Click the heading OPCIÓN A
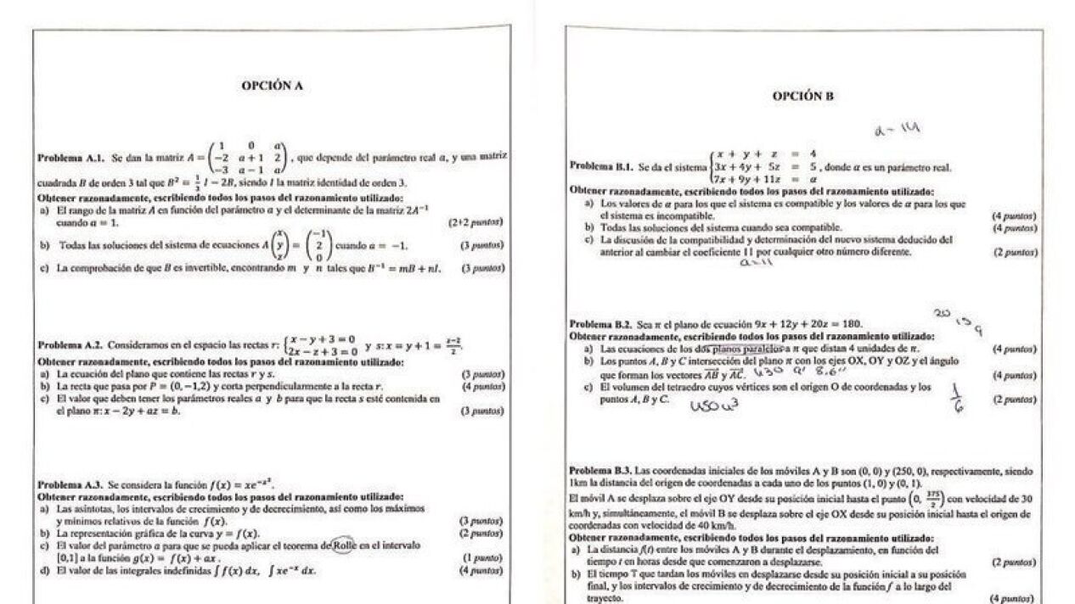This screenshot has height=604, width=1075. pos(272,86)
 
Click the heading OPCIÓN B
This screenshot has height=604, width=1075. pos(802,97)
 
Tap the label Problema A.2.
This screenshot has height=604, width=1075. pos(70,345)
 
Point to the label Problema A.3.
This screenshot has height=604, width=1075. pos(70,485)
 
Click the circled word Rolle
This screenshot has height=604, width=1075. pos(344,545)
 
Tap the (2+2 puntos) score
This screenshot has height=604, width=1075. pos(476,222)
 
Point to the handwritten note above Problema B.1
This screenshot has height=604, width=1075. pos(896,130)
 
